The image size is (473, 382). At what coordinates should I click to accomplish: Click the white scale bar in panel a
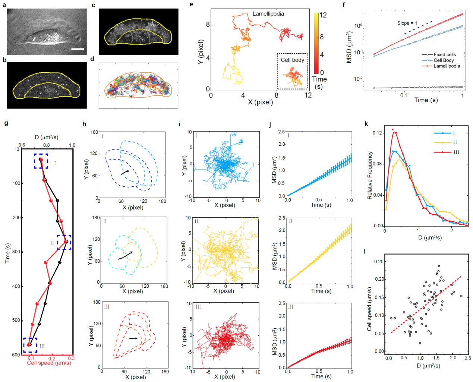pos(78,49)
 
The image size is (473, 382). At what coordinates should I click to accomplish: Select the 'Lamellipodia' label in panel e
pos(268,14)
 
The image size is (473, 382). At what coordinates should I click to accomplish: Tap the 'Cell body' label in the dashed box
pos(292,60)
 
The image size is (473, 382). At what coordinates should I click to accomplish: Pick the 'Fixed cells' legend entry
pos(444,54)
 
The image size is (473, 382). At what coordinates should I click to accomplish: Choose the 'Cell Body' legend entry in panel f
pos(444,60)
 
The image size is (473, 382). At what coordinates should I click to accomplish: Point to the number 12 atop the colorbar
pos(323,15)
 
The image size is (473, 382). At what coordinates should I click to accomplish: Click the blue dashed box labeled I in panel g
pos(41,161)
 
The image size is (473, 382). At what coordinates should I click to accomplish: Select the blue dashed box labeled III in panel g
pos(30,345)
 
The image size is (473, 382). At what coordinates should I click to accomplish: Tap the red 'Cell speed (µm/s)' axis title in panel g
pos(49,363)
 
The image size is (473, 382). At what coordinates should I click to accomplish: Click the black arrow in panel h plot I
pos(125,172)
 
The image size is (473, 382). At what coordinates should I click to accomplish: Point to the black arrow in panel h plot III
pos(133,338)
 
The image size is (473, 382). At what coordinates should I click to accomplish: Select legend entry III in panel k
pos(456,152)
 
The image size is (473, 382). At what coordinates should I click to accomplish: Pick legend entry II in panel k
pos(455,142)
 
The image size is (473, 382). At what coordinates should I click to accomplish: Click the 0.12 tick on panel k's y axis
pos(377,133)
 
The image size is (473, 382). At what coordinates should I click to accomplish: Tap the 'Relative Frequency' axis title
pos(370,175)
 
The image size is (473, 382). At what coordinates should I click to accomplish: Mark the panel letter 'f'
pos(344,5)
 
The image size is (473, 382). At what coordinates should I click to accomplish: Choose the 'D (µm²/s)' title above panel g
pos(47,138)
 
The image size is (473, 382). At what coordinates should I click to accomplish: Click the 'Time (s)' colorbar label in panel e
pos(319,83)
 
